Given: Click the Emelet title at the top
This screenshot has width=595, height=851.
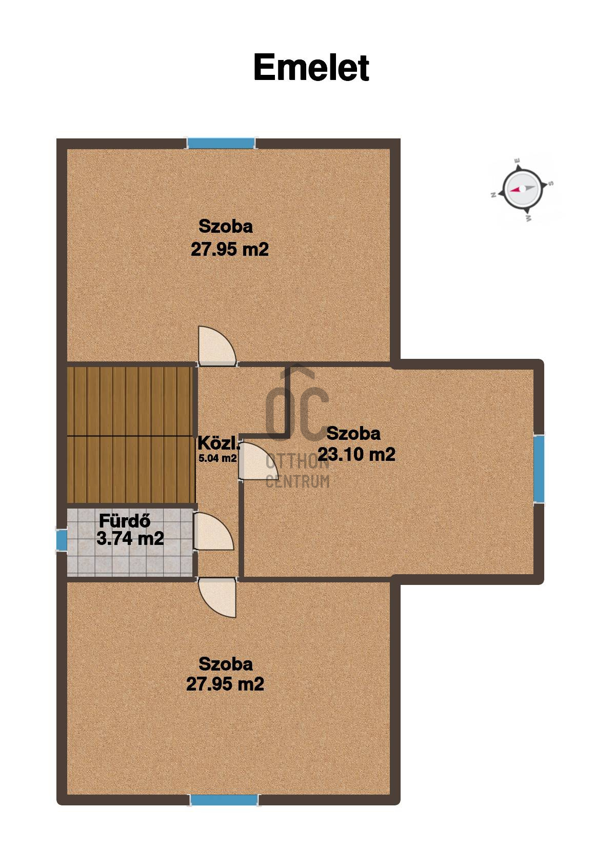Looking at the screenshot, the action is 311,68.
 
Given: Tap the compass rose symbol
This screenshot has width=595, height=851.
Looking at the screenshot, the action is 522,189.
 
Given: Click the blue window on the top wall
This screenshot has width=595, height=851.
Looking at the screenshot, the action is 221,143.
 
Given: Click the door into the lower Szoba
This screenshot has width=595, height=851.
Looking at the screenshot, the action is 217,598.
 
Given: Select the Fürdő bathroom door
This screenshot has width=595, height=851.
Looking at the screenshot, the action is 213,531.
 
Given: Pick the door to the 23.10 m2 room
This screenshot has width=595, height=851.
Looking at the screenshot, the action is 259,461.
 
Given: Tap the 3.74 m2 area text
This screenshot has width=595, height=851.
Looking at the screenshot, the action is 130,538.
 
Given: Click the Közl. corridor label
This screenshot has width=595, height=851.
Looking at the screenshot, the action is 219,443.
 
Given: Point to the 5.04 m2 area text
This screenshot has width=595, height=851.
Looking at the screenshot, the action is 217,458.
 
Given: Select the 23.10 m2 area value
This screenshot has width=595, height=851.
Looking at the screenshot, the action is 356,454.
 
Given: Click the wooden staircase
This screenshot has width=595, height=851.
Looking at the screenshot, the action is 130,435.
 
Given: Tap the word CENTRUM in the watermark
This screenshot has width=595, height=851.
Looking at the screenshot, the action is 298,482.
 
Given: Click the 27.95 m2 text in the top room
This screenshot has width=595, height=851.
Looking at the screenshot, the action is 230,250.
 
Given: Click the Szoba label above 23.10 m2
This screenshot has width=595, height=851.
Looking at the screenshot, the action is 353,434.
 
